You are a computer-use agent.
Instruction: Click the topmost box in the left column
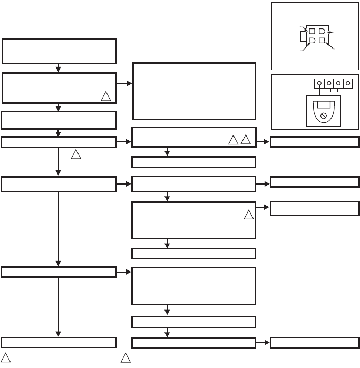(x=59, y=51)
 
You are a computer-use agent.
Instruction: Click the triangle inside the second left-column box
(x=106, y=96)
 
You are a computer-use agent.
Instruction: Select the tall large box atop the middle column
(x=193, y=91)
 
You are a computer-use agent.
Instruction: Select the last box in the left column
(x=59, y=342)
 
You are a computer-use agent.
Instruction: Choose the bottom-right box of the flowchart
(x=315, y=342)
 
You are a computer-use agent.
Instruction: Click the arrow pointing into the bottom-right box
(x=263, y=342)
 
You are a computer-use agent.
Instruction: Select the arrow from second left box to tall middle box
(x=124, y=84)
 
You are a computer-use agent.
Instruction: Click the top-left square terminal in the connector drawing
(x=312, y=32)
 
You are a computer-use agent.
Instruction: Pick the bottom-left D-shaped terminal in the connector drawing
(x=312, y=41)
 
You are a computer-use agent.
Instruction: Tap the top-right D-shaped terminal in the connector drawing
(x=322, y=32)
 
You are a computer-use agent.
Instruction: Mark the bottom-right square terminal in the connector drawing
(x=322, y=41)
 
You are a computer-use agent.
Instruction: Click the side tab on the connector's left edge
(x=303, y=36)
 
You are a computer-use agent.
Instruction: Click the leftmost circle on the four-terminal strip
(x=320, y=83)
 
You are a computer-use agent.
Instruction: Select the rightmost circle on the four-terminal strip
(x=348, y=83)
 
